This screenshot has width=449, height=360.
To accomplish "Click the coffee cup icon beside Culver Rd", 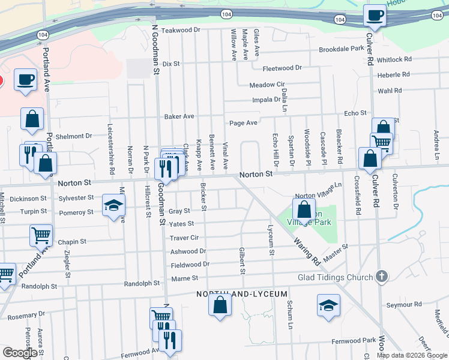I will pos(375,16).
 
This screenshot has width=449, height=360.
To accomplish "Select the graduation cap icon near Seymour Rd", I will pos(328,305).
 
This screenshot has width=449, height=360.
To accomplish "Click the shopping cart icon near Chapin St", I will pos(41,236).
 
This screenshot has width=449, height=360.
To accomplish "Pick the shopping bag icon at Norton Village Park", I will pos(304,211).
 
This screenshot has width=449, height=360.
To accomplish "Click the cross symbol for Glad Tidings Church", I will pos(380,277).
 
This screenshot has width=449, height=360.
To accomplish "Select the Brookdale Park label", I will pos(342,49).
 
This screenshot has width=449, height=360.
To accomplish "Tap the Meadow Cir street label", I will pos(267,85).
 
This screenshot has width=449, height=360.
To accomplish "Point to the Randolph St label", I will pos(142,283).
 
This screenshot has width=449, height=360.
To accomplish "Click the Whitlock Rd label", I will pos(394,59).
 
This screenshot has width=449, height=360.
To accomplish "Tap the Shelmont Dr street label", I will pos(73,136).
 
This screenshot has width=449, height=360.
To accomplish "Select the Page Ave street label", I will pos(243,123).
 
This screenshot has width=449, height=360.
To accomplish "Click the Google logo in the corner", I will pos(20,353).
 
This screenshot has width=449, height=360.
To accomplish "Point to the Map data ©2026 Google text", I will pos(411,355).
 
